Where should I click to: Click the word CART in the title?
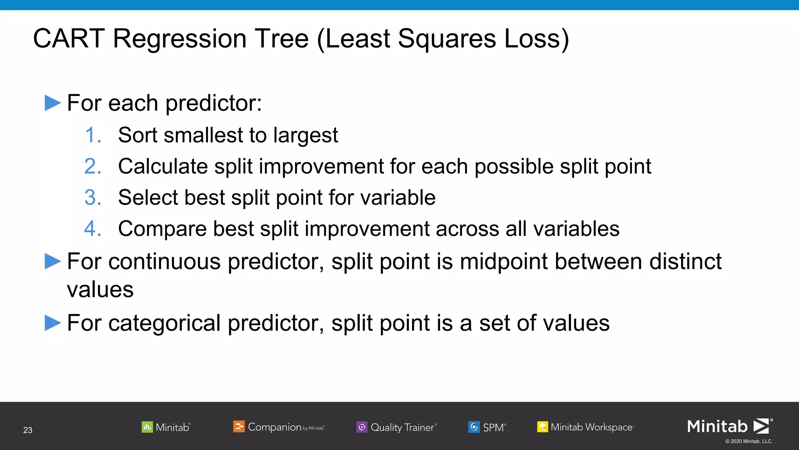click(69, 39)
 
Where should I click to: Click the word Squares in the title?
click(447, 39)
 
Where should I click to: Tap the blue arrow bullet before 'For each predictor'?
click(53, 103)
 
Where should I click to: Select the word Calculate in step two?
click(163, 167)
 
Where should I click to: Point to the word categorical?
click(165, 324)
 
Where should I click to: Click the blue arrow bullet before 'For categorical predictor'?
click(53, 323)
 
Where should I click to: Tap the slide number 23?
click(28, 430)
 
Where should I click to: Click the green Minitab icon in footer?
click(147, 427)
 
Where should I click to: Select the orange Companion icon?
click(239, 427)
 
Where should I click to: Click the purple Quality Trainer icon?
click(362, 427)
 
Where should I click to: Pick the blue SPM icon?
click(474, 427)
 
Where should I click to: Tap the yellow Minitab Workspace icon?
click(542, 427)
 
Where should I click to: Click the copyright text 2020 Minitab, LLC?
click(749, 441)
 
